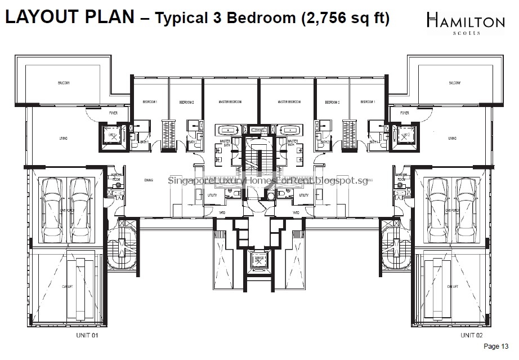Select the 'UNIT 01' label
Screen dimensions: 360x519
tap(87, 335)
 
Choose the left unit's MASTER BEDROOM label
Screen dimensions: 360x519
tap(230, 102)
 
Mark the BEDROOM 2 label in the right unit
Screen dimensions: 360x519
tap(332, 103)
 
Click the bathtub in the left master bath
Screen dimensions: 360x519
tap(229, 129)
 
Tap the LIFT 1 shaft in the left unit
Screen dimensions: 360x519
tap(113, 136)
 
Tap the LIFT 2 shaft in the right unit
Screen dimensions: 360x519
tap(405, 136)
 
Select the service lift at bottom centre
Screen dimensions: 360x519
tap(259, 260)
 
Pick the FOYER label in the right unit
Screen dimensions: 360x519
tap(404, 113)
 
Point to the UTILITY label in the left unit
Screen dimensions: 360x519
tap(212, 195)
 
